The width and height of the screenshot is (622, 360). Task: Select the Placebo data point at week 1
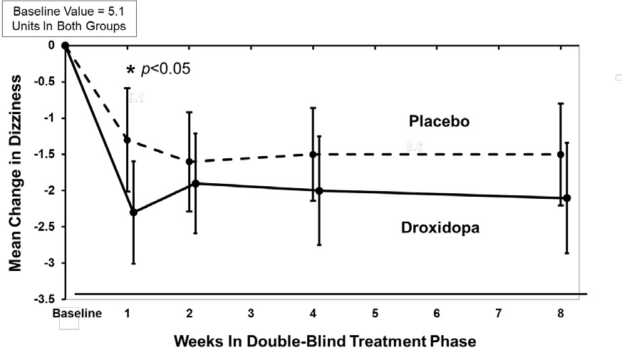click(128, 140)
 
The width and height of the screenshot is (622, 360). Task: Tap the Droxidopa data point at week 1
click(133, 212)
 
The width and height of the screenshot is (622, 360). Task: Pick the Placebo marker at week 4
click(313, 154)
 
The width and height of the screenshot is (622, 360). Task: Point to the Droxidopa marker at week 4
click(319, 190)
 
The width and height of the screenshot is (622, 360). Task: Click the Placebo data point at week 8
click(561, 154)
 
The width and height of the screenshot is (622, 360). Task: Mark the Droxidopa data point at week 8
click(566, 198)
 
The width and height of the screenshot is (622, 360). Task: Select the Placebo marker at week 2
click(189, 161)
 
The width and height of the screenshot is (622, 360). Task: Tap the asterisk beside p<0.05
click(130, 71)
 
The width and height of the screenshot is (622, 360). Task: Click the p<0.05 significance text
click(167, 70)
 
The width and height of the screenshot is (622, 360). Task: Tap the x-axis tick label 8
click(560, 314)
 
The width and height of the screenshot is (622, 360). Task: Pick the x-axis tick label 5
click(374, 314)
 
